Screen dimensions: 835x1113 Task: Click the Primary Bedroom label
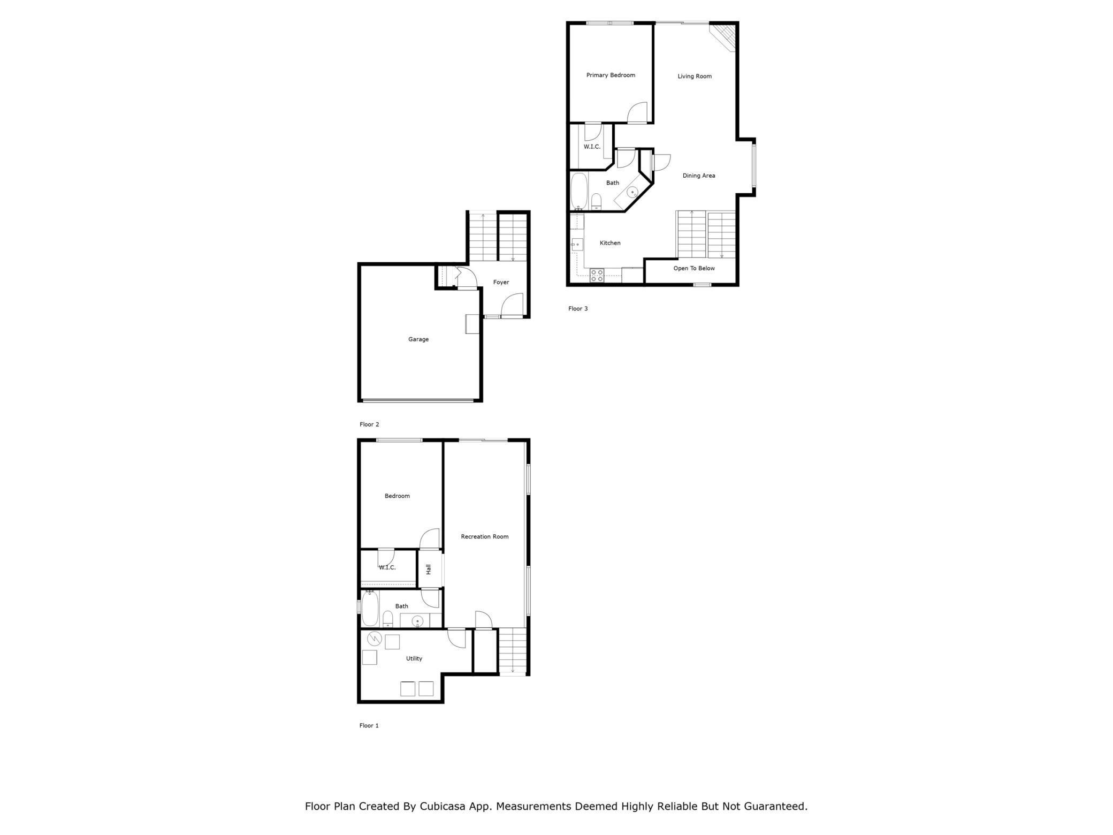[611, 75]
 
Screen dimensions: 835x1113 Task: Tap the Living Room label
[695, 77]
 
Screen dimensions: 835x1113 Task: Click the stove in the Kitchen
[597, 276]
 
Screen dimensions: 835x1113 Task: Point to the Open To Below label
[694, 269]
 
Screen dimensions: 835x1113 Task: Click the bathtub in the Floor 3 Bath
[579, 191]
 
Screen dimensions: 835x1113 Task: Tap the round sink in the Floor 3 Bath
[632, 192]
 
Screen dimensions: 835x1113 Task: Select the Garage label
[418, 339]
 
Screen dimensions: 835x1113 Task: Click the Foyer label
[501, 283]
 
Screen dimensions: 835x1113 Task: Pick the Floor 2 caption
[369, 424]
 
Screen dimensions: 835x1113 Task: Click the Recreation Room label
[484, 537]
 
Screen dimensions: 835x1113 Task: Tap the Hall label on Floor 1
[429, 570]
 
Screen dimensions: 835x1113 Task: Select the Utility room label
[414, 659]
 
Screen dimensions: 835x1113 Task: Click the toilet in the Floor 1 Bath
[388, 619]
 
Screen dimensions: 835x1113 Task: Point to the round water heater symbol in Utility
[375, 639]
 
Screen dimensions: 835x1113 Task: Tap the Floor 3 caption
[578, 309]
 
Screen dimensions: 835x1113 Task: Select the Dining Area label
[698, 176]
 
